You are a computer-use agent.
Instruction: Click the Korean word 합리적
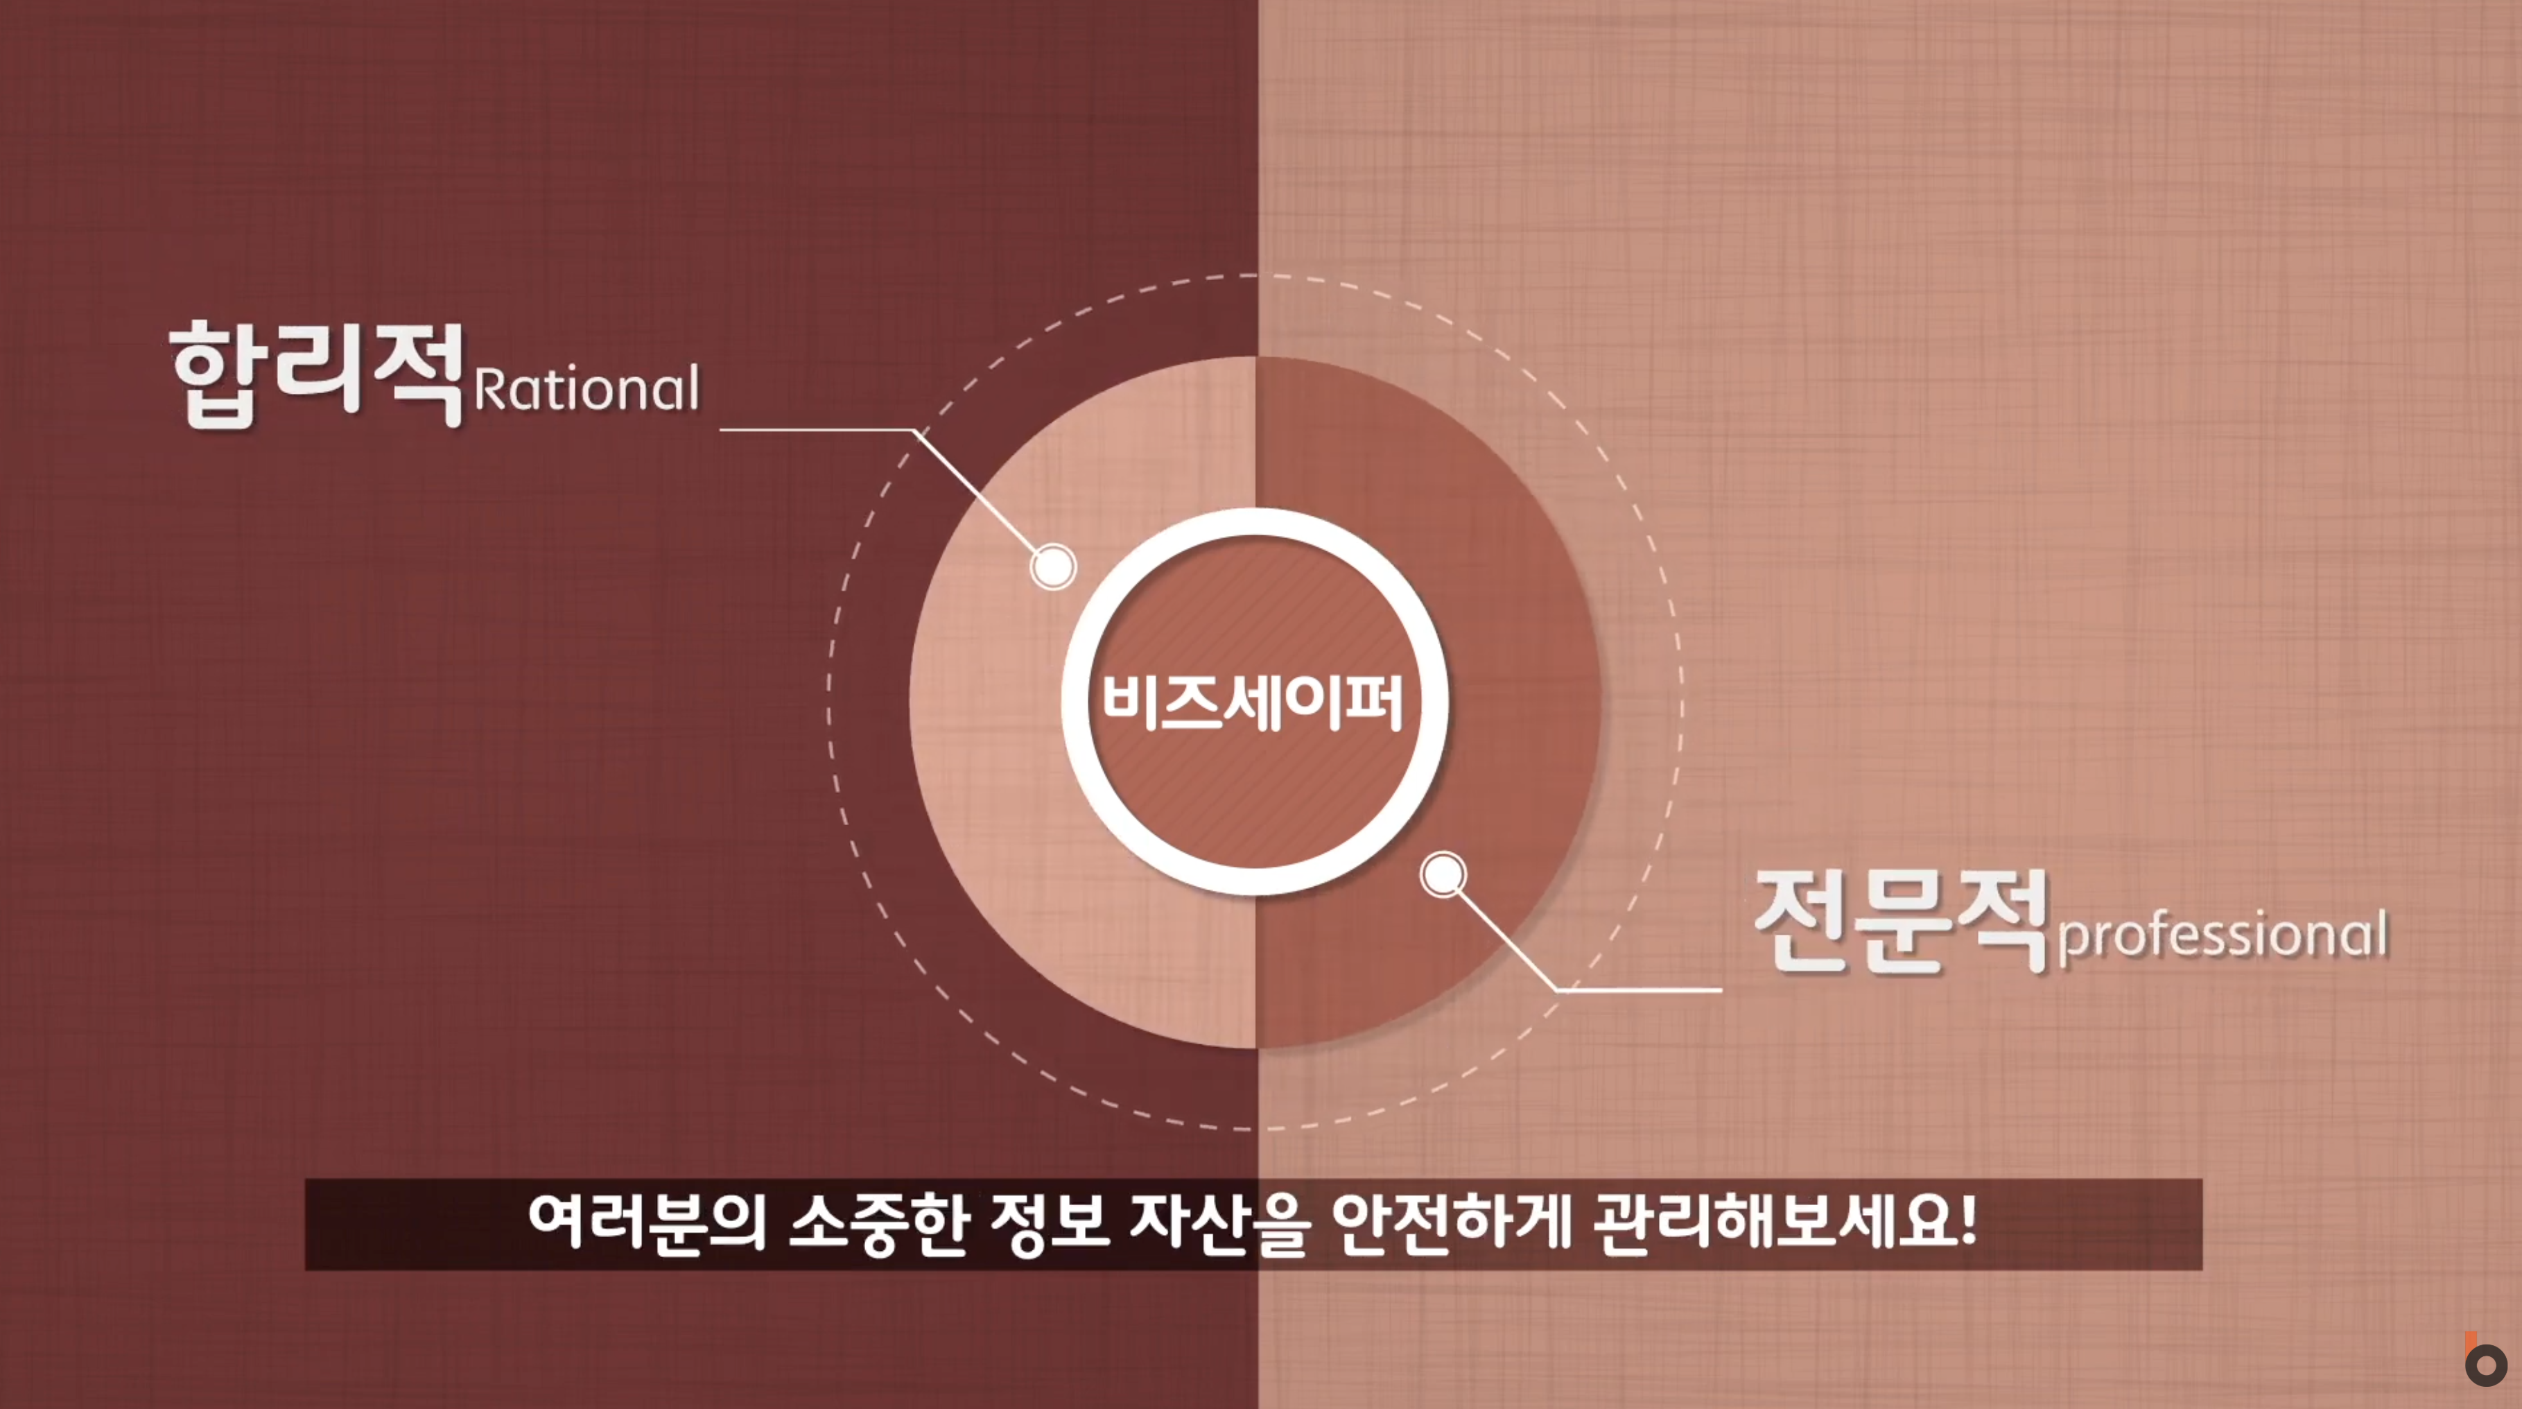[x=316, y=373]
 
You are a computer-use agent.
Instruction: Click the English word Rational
[x=586, y=389]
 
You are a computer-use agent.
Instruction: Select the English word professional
[x=2223, y=937]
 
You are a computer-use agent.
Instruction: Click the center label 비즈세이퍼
[x=1253, y=702]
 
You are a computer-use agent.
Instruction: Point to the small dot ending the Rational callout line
[x=1052, y=566]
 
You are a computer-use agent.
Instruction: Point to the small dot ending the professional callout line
[x=1443, y=874]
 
